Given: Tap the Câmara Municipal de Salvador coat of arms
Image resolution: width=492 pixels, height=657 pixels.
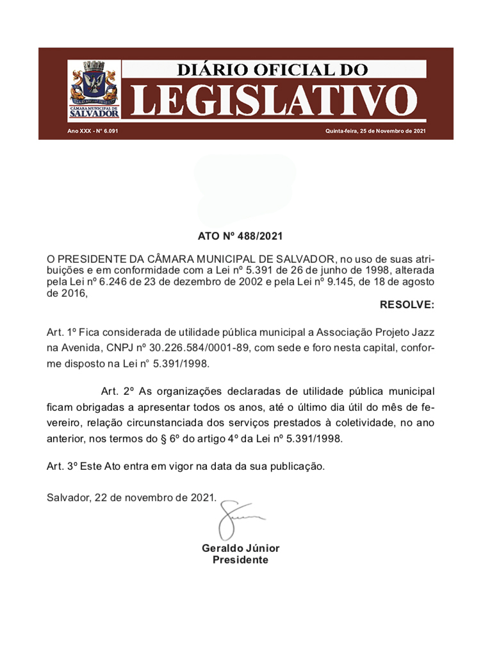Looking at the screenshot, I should (94, 90).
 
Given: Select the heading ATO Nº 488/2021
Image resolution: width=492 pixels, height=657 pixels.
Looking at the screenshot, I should (240, 236).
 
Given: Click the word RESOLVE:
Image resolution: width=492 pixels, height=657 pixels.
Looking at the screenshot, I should (407, 304).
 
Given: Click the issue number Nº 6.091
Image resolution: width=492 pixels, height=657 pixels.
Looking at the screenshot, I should (108, 131).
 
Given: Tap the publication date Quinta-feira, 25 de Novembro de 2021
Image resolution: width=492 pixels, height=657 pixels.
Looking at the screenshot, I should (375, 131).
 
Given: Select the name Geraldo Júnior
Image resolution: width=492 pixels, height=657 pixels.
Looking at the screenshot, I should (240, 548).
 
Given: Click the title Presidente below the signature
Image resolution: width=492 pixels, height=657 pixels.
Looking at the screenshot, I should (240, 560).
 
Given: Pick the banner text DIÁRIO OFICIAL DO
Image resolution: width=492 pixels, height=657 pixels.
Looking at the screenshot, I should (273, 69).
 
